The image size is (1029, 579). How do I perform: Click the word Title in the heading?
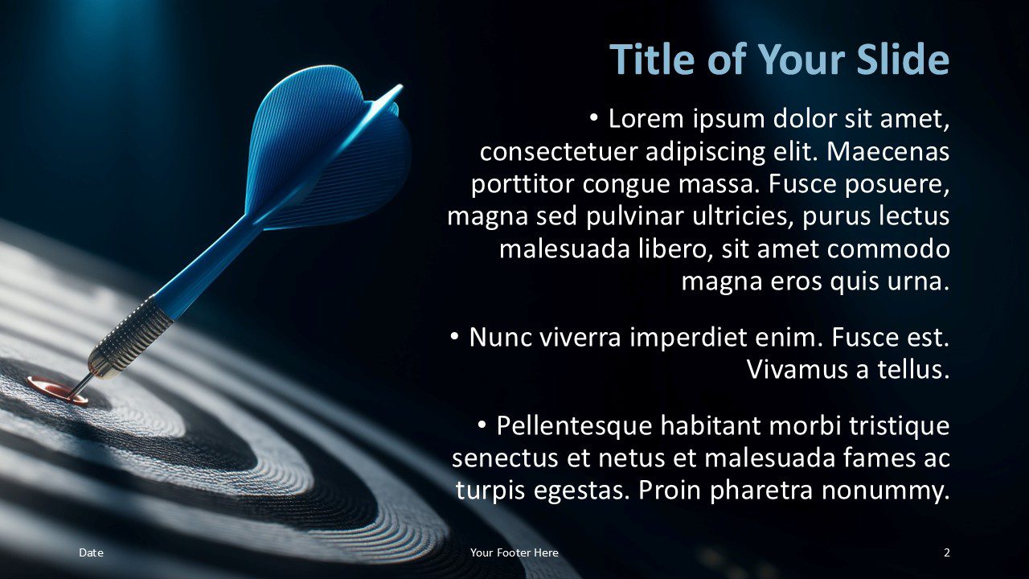point(652,59)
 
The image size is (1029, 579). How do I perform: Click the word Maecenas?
point(888,152)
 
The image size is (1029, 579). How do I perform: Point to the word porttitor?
point(523,185)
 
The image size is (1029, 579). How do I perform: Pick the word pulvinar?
point(635,217)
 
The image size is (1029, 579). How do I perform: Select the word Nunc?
point(500,337)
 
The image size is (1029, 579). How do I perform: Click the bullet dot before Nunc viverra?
point(454,337)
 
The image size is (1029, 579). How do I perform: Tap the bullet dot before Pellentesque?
point(482,425)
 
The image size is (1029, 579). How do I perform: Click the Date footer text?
point(91,552)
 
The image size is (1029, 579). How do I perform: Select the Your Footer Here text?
point(514,552)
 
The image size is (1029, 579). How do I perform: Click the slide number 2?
point(947,552)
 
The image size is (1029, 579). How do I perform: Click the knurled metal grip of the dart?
point(131,337)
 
